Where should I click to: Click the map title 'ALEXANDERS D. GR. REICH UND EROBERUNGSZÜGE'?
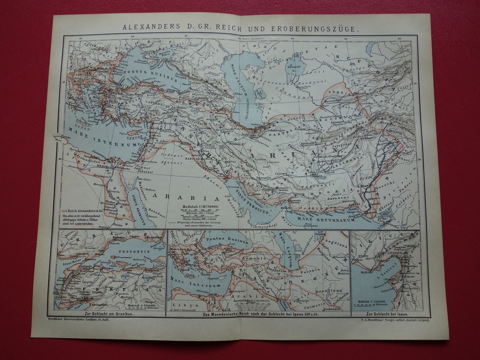240,28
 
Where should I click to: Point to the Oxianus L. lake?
293,68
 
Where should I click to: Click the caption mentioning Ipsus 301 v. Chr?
258,315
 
